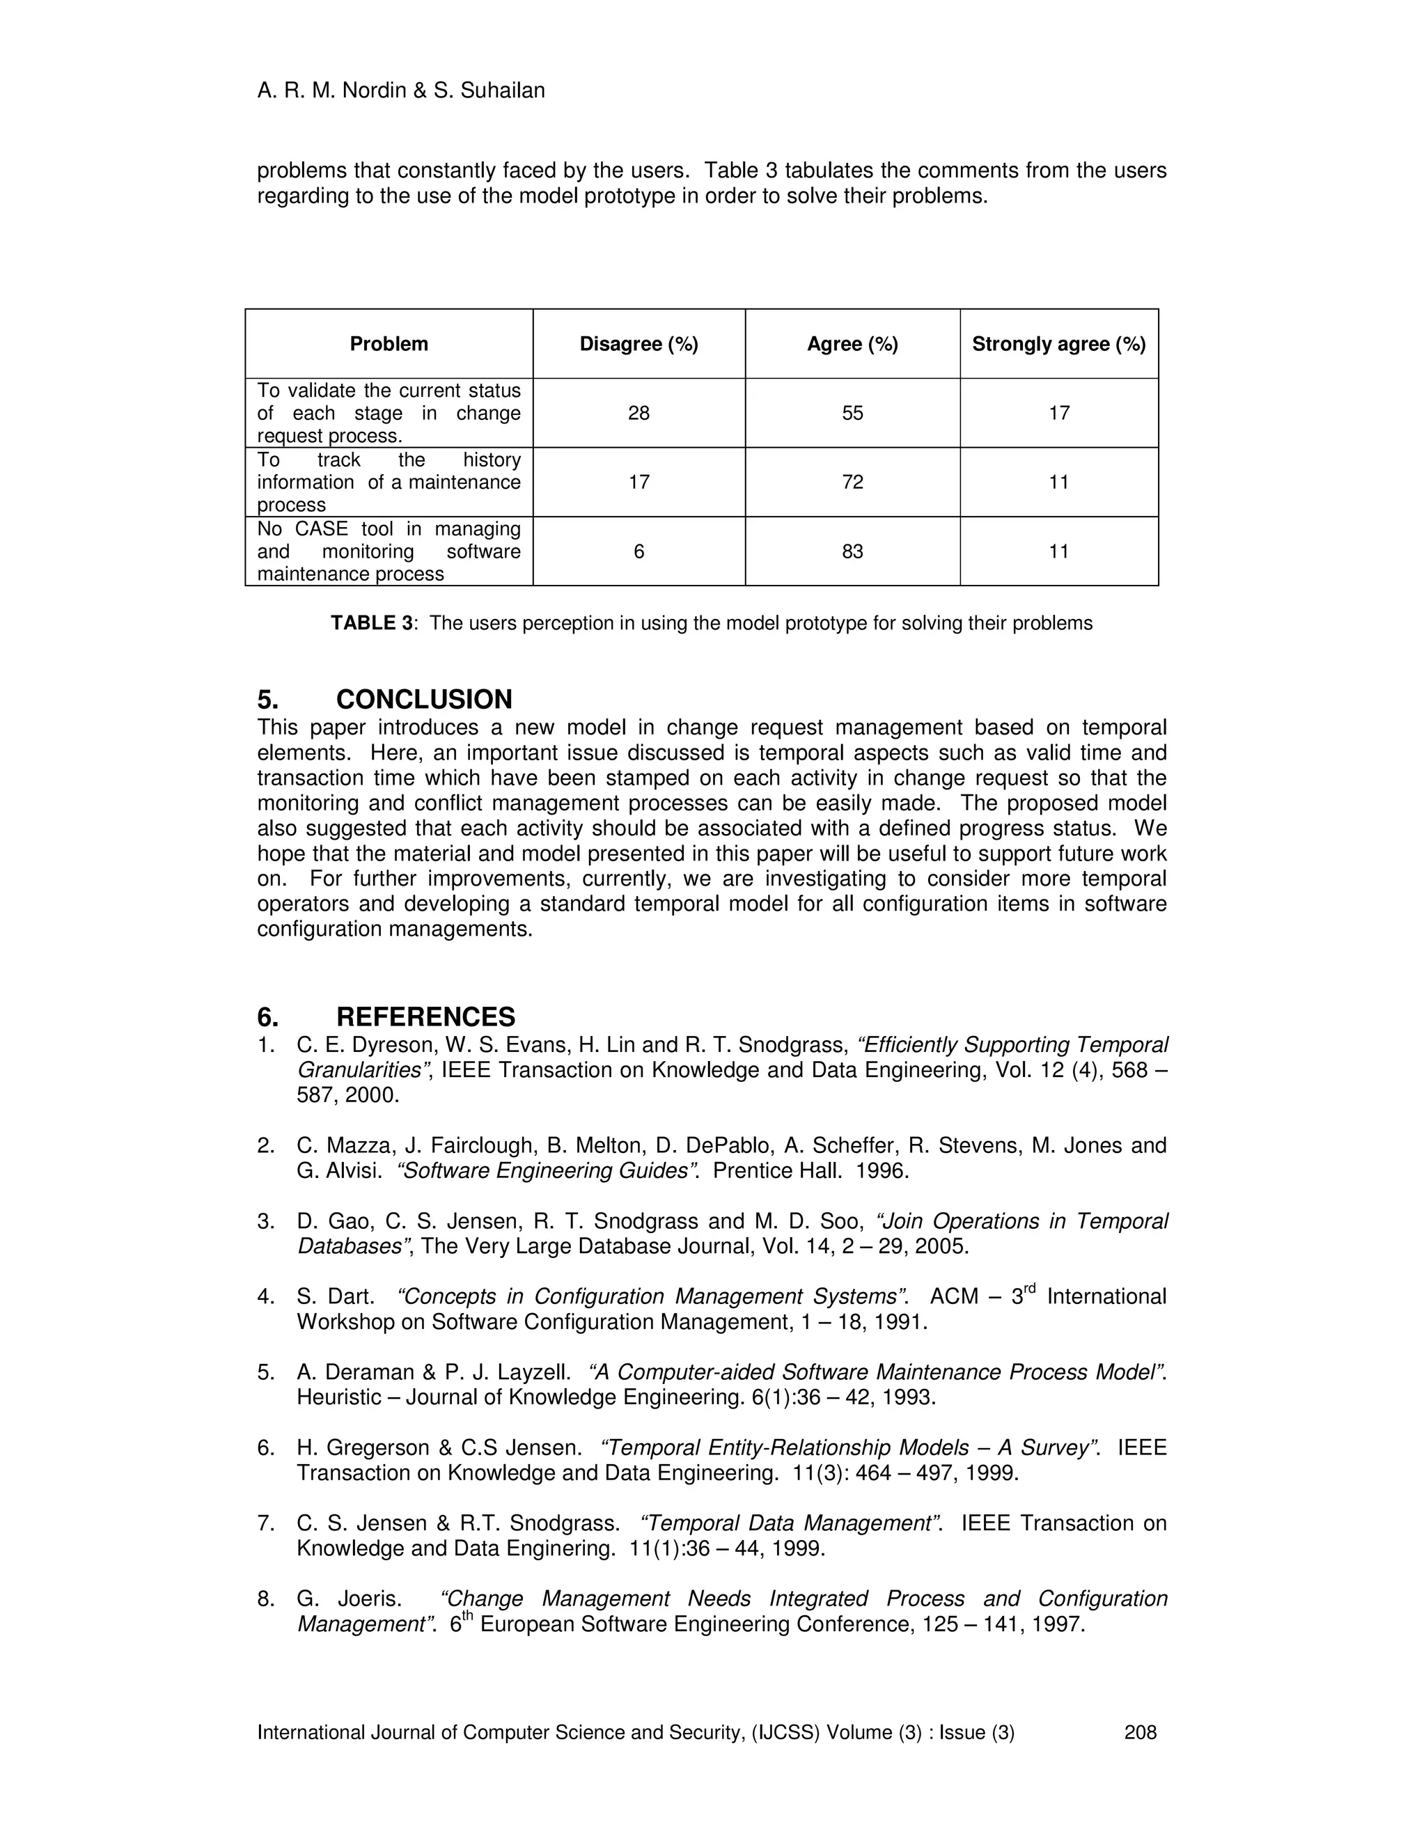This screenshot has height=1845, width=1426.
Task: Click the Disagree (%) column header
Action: pos(638,344)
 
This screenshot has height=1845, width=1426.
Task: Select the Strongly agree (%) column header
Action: pos(1058,344)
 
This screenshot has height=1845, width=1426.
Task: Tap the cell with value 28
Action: pos(638,413)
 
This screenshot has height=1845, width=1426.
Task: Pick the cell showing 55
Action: pos(852,413)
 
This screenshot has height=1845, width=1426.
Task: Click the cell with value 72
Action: pos(852,482)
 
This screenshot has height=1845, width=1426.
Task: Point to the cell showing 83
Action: pos(852,551)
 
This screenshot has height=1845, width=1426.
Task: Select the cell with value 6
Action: pos(638,551)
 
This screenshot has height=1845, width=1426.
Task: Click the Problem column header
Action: pos(389,344)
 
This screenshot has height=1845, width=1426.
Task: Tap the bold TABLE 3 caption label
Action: pos(371,623)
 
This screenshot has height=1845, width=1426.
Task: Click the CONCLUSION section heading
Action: pos(424,700)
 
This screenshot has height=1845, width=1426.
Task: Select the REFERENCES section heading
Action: pos(425,1016)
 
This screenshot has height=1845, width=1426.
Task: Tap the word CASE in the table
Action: pos(321,529)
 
